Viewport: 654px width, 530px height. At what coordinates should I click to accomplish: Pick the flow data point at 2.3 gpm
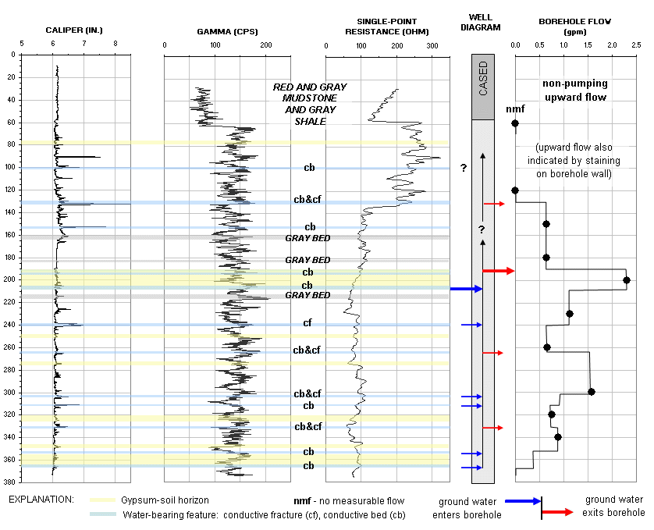coord(626,279)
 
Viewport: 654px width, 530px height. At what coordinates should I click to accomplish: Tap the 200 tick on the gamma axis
coord(265,45)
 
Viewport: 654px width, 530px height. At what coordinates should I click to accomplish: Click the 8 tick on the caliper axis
coord(116,45)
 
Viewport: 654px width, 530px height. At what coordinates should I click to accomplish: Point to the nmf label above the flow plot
coord(515,109)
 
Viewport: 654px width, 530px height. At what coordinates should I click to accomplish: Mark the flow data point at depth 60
coord(515,123)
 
